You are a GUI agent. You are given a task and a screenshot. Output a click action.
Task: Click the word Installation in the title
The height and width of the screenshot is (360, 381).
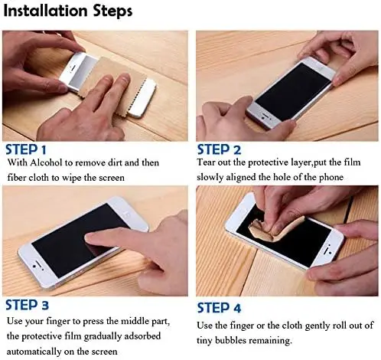point(46,11)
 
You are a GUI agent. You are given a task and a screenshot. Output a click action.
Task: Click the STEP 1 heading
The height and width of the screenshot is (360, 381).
point(26,149)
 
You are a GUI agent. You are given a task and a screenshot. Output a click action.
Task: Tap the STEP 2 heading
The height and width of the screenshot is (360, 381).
point(219,149)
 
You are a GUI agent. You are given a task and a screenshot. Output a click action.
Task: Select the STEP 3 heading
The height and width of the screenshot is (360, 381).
point(27,305)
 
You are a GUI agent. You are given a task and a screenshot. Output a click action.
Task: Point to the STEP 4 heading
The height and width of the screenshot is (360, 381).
point(219,308)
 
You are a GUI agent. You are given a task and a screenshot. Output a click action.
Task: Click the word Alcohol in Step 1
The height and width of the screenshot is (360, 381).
point(46,162)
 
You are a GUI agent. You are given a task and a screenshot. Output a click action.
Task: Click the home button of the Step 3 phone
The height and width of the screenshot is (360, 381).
point(34,266)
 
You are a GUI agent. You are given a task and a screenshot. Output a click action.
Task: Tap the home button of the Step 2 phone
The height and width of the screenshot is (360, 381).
point(262,118)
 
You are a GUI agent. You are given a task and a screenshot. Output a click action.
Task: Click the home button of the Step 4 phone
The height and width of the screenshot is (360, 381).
point(331,253)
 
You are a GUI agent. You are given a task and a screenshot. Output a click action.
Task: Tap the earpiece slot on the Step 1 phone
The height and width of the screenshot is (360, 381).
point(73,69)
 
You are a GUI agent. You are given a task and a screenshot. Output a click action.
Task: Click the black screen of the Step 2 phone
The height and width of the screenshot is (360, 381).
point(293,91)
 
